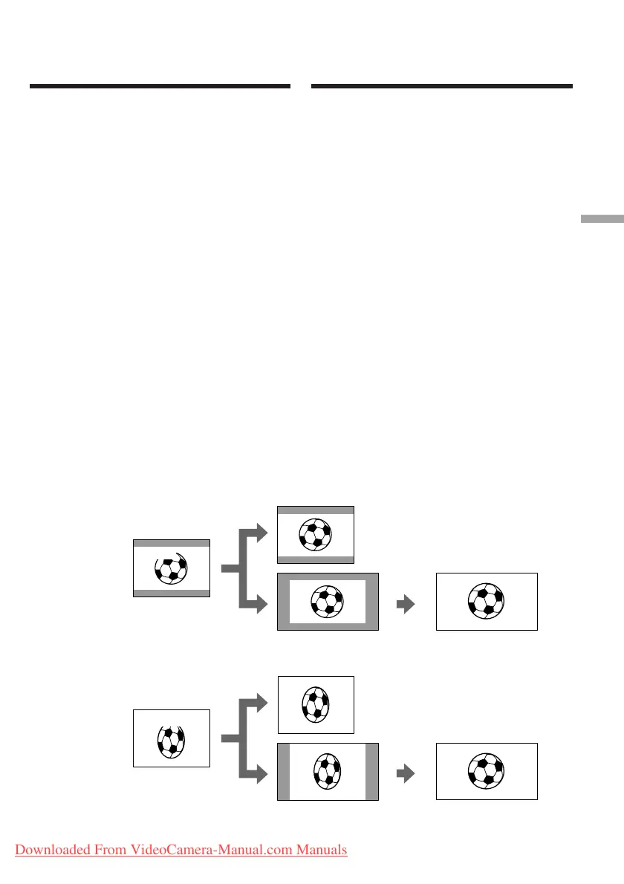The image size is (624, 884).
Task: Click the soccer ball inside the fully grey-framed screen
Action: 328,602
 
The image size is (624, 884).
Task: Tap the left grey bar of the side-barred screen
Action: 283,771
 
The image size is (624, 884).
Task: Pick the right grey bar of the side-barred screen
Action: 371,771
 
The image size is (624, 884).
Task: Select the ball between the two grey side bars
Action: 328,771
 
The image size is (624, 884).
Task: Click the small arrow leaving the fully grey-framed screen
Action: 405,605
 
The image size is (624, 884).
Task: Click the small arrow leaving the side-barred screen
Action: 405,774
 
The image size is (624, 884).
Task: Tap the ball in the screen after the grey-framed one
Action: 487,602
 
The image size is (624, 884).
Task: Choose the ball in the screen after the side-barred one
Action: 487,771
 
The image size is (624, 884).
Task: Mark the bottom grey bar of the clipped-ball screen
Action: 171,593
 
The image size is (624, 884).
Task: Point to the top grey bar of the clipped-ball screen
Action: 171,544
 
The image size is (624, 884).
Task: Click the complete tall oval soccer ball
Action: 316,704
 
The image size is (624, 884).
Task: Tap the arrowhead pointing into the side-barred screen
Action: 259,774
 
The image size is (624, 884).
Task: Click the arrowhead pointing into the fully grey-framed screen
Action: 259,605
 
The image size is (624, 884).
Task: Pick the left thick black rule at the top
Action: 160,87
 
